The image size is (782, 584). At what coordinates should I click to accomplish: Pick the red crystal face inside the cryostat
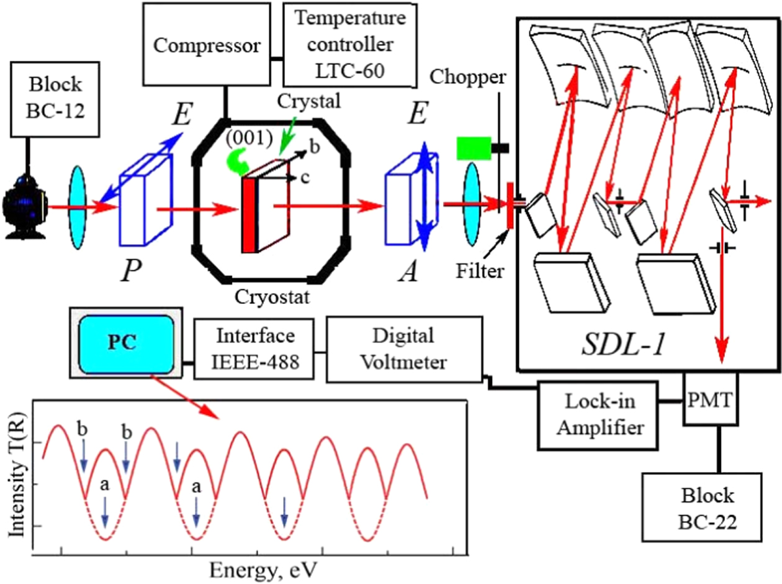pyautogui.click(x=248, y=215)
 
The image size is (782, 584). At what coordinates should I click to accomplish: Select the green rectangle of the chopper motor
pyautogui.click(x=472, y=148)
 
